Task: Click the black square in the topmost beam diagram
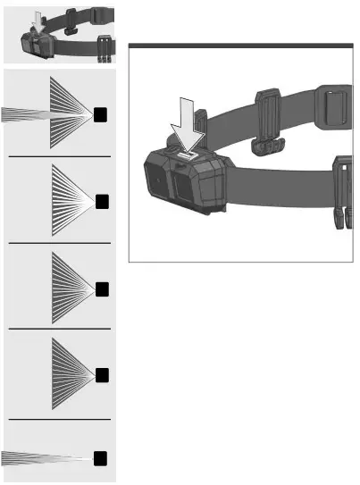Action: point(102,113)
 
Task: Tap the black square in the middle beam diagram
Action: point(102,288)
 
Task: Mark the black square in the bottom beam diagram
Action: point(102,458)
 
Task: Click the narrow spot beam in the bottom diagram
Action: point(45,458)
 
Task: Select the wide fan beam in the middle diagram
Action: point(71,288)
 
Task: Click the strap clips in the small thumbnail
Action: point(103,47)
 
